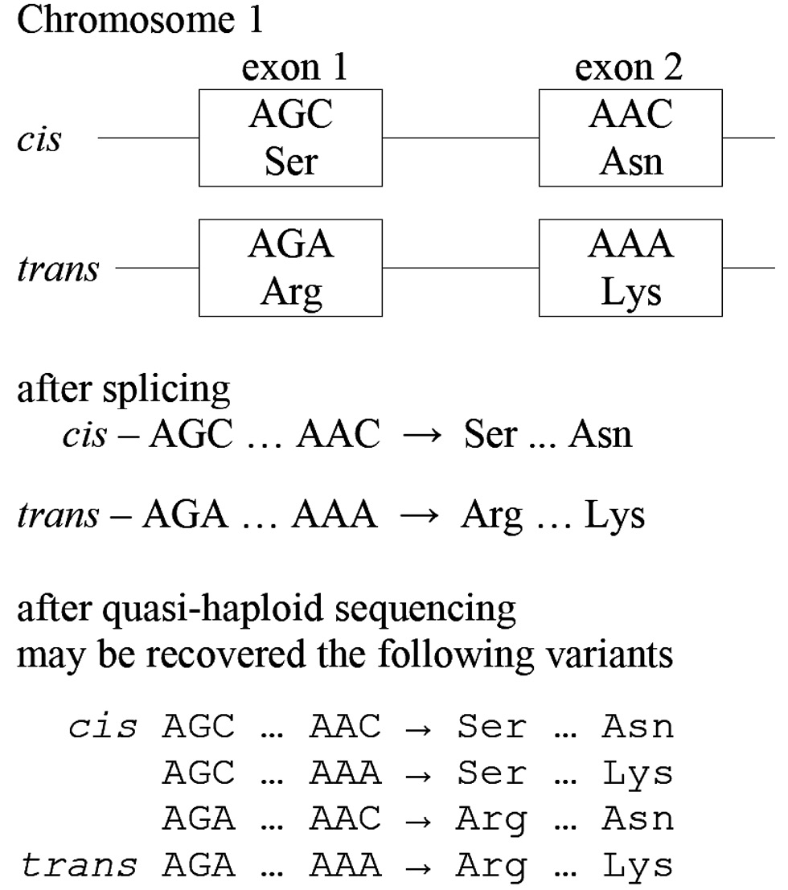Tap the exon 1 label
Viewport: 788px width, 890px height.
point(295,69)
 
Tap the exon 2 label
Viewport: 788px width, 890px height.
point(628,69)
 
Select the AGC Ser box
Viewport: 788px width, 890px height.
point(291,138)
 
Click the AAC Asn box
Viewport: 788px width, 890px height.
point(630,138)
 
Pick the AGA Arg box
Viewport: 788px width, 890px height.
point(291,268)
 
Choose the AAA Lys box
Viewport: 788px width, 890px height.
point(630,268)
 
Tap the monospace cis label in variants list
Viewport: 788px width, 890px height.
point(102,728)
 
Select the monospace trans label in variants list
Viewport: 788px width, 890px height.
point(80,866)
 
